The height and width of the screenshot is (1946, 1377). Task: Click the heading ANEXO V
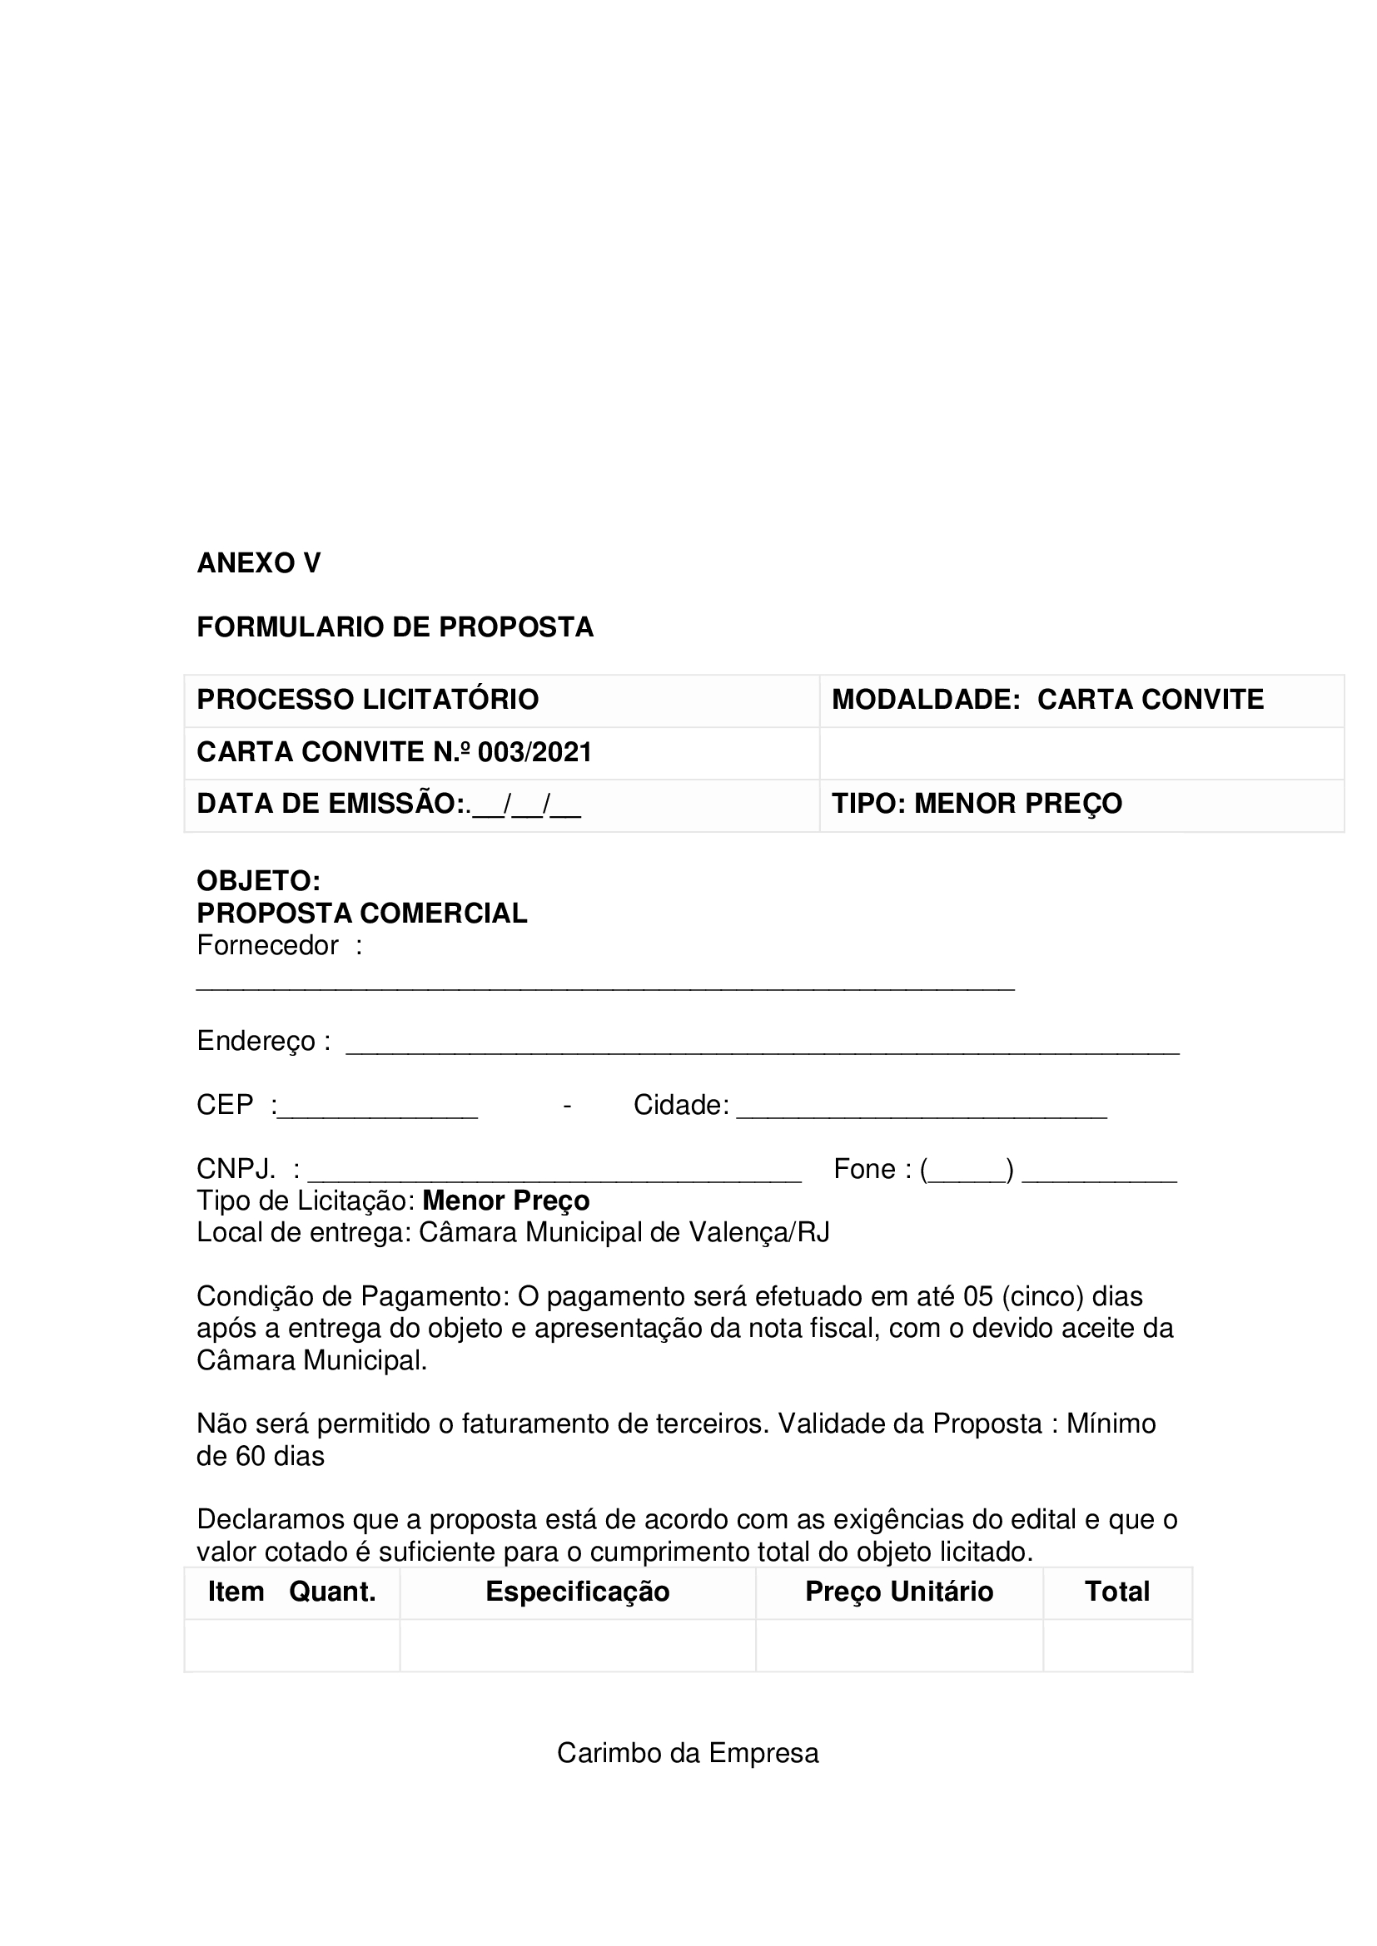click(x=259, y=563)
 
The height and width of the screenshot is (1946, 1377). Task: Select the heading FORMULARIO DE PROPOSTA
click(x=395, y=627)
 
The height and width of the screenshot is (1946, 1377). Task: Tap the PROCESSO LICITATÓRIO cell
click(x=368, y=700)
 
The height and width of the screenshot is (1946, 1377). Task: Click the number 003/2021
click(x=534, y=753)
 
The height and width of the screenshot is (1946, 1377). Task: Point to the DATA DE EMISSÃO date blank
click(x=525, y=805)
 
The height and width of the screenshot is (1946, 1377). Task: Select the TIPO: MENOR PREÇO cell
click(x=977, y=805)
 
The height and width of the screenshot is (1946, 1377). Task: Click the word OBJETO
click(x=257, y=881)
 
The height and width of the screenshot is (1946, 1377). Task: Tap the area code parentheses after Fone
click(x=967, y=1171)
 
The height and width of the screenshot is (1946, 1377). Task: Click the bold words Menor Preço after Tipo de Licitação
click(x=506, y=1201)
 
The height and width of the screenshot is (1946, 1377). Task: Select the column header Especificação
click(x=578, y=1592)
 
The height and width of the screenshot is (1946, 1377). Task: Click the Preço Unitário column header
click(x=899, y=1592)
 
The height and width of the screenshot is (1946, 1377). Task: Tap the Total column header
click(x=1116, y=1592)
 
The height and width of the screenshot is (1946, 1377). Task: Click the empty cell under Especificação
click(x=578, y=1645)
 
